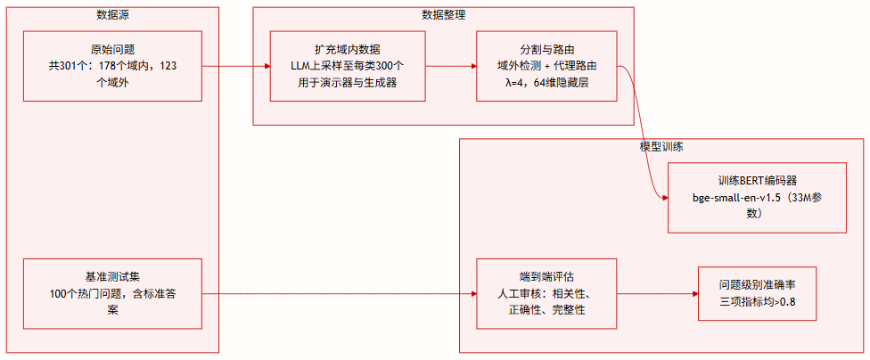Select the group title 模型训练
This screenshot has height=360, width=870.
coord(661,145)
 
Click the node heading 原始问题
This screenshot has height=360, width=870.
coord(113,49)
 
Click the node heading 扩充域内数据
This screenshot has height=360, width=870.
coord(348,49)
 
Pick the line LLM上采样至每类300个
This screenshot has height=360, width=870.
coord(348,66)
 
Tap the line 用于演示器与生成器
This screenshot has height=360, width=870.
coord(348,83)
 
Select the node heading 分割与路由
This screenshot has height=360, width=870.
coord(546,49)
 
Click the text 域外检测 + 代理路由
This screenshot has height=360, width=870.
coord(546,66)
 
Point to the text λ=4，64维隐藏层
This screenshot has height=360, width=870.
coord(546,83)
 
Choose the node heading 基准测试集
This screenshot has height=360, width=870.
coord(113,276)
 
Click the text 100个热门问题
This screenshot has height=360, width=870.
coord(86,293)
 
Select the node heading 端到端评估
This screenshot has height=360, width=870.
coord(546,276)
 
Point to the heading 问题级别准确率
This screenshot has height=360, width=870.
coord(757,285)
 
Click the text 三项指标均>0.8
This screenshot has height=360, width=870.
coord(757,302)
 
